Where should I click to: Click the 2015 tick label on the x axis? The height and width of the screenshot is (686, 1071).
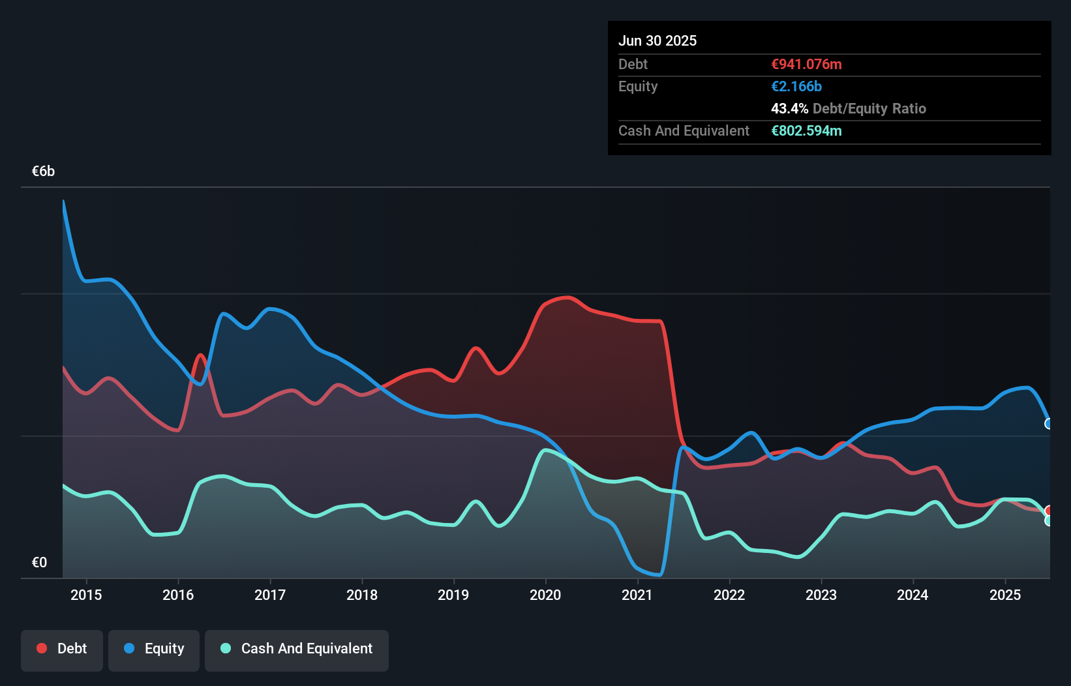click(x=86, y=595)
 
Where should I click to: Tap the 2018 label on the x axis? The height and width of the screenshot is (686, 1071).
click(x=362, y=595)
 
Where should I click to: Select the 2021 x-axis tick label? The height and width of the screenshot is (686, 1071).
click(x=637, y=595)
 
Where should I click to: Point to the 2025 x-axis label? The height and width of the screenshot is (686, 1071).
click(x=1004, y=595)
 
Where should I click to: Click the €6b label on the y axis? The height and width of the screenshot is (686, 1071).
click(x=43, y=171)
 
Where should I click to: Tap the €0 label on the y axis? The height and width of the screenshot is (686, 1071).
click(x=39, y=562)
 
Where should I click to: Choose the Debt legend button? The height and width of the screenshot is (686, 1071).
click(x=62, y=649)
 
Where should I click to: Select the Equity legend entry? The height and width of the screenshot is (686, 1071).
click(x=154, y=649)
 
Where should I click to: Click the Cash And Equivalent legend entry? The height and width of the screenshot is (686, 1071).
click(x=297, y=649)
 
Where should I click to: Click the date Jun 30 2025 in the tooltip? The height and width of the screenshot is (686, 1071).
click(x=657, y=40)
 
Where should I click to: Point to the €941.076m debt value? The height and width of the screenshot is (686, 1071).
click(x=806, y=64)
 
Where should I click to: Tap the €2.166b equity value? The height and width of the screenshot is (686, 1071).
click(x=796, y=86)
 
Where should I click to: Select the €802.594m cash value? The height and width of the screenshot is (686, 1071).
click(x=806, y=130)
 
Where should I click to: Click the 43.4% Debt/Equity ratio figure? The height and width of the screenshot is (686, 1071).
click(x=789, y=108)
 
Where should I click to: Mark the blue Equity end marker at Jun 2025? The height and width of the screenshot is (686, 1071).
click(x=1049, y=424)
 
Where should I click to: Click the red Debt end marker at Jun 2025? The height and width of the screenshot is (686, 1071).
click(x=1049, y=511)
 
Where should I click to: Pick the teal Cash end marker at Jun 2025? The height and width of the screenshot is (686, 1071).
click(x=1049, y=520)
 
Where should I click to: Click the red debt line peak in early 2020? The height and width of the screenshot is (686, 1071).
click(x=569, y=297)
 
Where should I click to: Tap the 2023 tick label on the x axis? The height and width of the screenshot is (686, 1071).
click(x=821, y=595)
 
